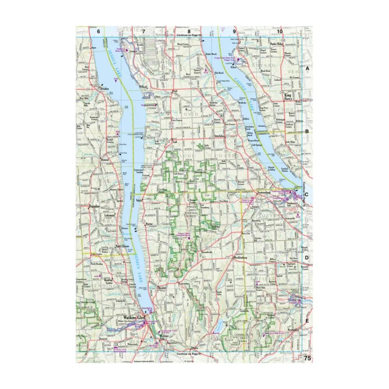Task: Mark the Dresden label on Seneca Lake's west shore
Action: click(x=103, y=88)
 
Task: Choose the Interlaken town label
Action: click(x=220, y=136)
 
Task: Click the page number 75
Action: click(x=307, y=358)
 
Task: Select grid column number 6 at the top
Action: click(x=98, y=31)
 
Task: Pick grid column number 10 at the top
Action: click(x=279, y=31)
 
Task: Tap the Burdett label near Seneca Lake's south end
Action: click(x=162, y=288)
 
